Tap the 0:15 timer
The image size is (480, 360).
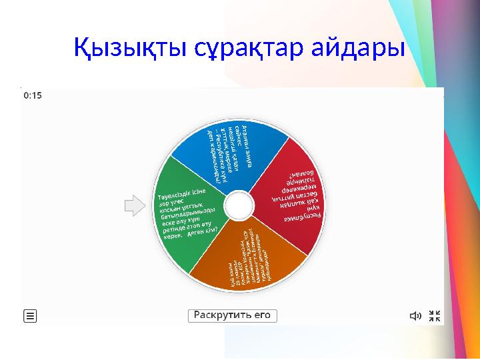[33, 95]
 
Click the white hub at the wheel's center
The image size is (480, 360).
[238, 205]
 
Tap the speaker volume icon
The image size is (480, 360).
[415, 316]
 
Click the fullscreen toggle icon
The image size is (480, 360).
[434, 316]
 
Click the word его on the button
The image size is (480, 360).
[262, 315]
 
